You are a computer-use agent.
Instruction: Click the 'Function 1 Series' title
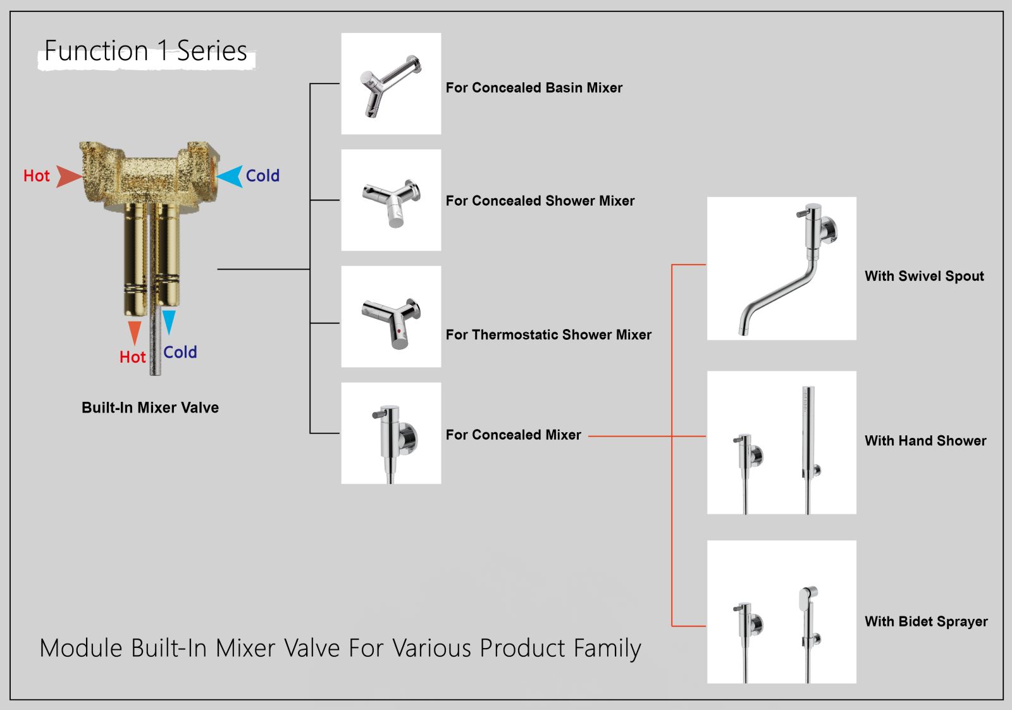click(x=145, y=51)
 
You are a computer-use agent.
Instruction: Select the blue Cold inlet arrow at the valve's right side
click(x=231, y=176)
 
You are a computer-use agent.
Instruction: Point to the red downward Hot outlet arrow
click(x=135, y=332)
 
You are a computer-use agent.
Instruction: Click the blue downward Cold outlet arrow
click(x=169, y=321)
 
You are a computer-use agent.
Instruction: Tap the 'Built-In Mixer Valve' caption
click(x=150, y=408)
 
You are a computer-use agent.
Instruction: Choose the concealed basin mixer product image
click(x=391, y=84)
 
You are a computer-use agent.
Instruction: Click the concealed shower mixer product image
click(x=391, y=200)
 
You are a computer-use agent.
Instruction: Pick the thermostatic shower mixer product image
click(x=391, y=316)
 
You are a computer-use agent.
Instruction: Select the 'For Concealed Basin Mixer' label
click(x=534, y=88)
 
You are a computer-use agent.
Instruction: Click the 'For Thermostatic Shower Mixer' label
click(x=548, y=335)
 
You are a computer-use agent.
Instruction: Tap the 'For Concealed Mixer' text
click(x=513, y=435)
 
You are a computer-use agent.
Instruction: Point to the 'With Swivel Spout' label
click(x=924, y=276)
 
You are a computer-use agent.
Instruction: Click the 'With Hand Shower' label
click(x=925, y=440)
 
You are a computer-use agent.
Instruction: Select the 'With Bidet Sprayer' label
click(x=926, y=621)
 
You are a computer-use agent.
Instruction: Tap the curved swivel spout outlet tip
click(x=743, y=329)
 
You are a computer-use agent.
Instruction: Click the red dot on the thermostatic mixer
click(x=399, y=331)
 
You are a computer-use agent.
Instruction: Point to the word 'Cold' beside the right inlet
click(x=262, y=176)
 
